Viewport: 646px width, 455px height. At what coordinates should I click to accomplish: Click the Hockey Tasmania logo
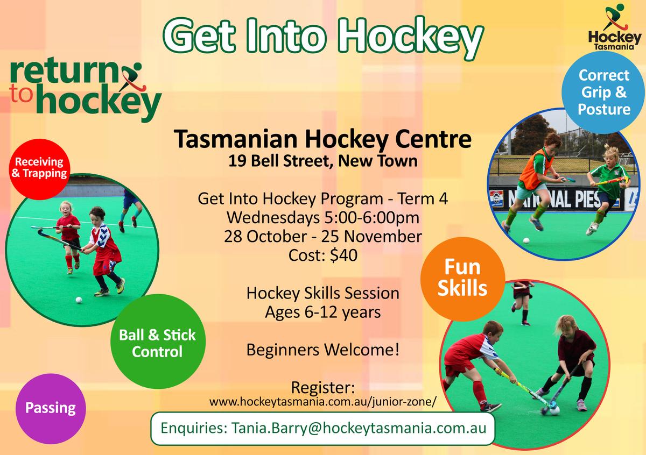[x=613, y=27]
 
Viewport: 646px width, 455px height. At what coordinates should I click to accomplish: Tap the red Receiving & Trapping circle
[x=39, y=169]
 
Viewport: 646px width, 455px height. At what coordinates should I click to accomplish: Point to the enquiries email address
[x=359, y=428]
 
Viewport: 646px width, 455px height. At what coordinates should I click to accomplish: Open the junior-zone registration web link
[x=322, y=402]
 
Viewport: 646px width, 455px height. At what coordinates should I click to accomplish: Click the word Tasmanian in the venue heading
[x=236, y=139]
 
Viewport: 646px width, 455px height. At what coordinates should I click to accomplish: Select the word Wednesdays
[x=273, y=218]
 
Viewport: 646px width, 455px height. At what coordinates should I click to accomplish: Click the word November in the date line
[x=383, y=237]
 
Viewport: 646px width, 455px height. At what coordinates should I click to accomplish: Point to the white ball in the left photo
[x=79, y=300]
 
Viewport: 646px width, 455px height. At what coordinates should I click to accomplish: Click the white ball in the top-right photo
[x=526, y=240]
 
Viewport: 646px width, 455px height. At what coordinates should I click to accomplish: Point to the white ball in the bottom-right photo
[x=554, y=410]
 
